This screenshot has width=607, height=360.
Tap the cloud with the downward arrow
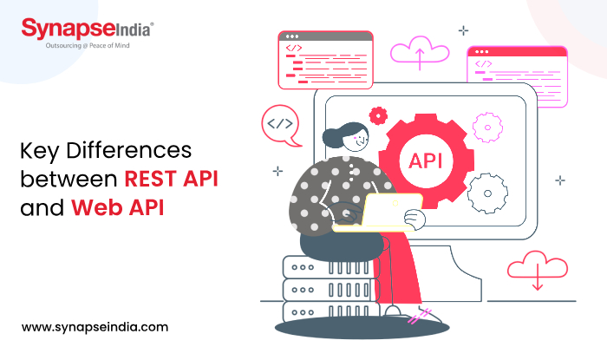click(x=537, y=268)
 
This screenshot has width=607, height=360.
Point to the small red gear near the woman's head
click(x=377, y=115)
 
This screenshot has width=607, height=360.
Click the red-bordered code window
click(x=325, y=59)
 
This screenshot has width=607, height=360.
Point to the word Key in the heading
click(x=38, y=151)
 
